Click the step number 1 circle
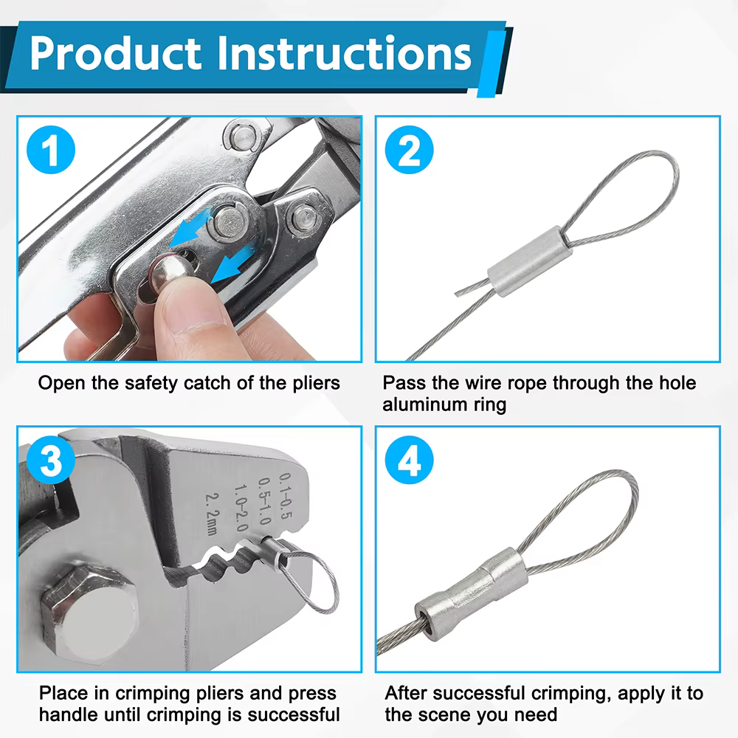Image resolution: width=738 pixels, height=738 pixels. coord(51,150)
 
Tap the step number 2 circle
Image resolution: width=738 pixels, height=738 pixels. coord(409,150)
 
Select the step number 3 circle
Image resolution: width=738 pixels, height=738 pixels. coord(51,460)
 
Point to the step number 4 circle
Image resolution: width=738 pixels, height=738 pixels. coord(409,460)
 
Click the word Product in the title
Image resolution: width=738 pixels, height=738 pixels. coord(116,54)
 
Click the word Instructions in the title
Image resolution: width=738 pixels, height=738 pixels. coord(344,53)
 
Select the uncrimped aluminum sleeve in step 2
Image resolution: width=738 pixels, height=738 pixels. coord(530,261)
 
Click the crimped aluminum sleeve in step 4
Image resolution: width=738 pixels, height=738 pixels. coord(472,594)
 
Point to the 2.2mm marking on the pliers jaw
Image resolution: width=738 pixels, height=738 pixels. coord(212,514)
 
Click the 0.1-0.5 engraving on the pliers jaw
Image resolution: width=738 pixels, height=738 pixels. coord(286,496)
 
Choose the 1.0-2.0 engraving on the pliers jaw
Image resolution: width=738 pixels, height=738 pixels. coord(241,508)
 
